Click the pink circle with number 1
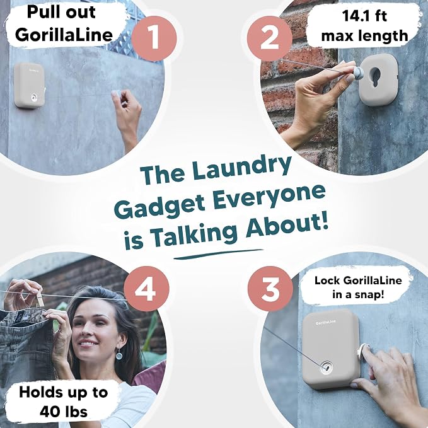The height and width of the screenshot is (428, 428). tap(154, 38)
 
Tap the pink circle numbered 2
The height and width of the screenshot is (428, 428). tap(270, 38)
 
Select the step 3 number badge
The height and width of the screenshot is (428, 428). tap(270, 289)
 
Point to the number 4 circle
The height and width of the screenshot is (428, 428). tap(146, 289)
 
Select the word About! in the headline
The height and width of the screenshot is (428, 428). tap(287, 224)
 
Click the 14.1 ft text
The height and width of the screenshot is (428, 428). tap(364, 16)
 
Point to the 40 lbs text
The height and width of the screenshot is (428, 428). tap(64, 412)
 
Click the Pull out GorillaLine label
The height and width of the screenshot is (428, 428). tap(64, 24)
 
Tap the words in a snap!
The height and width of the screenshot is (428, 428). tap(358, 295)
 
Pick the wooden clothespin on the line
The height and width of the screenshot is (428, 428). tap(40, 298)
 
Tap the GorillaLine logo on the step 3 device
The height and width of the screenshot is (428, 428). tap(326, 322)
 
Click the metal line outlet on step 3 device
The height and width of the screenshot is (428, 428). tap(327, 367)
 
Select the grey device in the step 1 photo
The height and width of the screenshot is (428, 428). tap(30, 85)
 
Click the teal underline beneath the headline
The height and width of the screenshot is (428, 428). tap(218, 254)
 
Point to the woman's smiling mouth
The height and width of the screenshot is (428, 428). tap(88, 343)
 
